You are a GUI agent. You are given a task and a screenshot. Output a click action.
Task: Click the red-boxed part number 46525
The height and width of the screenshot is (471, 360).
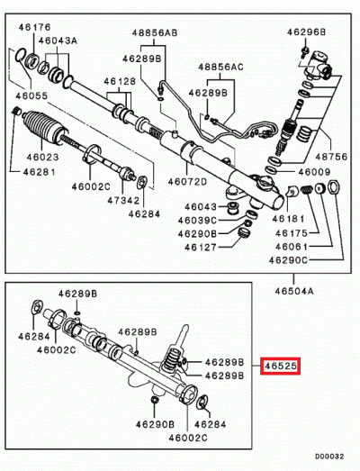(x=280, y=367)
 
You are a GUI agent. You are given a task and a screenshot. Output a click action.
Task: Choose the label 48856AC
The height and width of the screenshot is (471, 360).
(x=220, y=67)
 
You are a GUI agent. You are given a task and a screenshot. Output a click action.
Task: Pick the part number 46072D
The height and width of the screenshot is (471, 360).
(x=188, y=181)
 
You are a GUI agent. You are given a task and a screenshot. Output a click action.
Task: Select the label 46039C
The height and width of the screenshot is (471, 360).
(x=196, y=221)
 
